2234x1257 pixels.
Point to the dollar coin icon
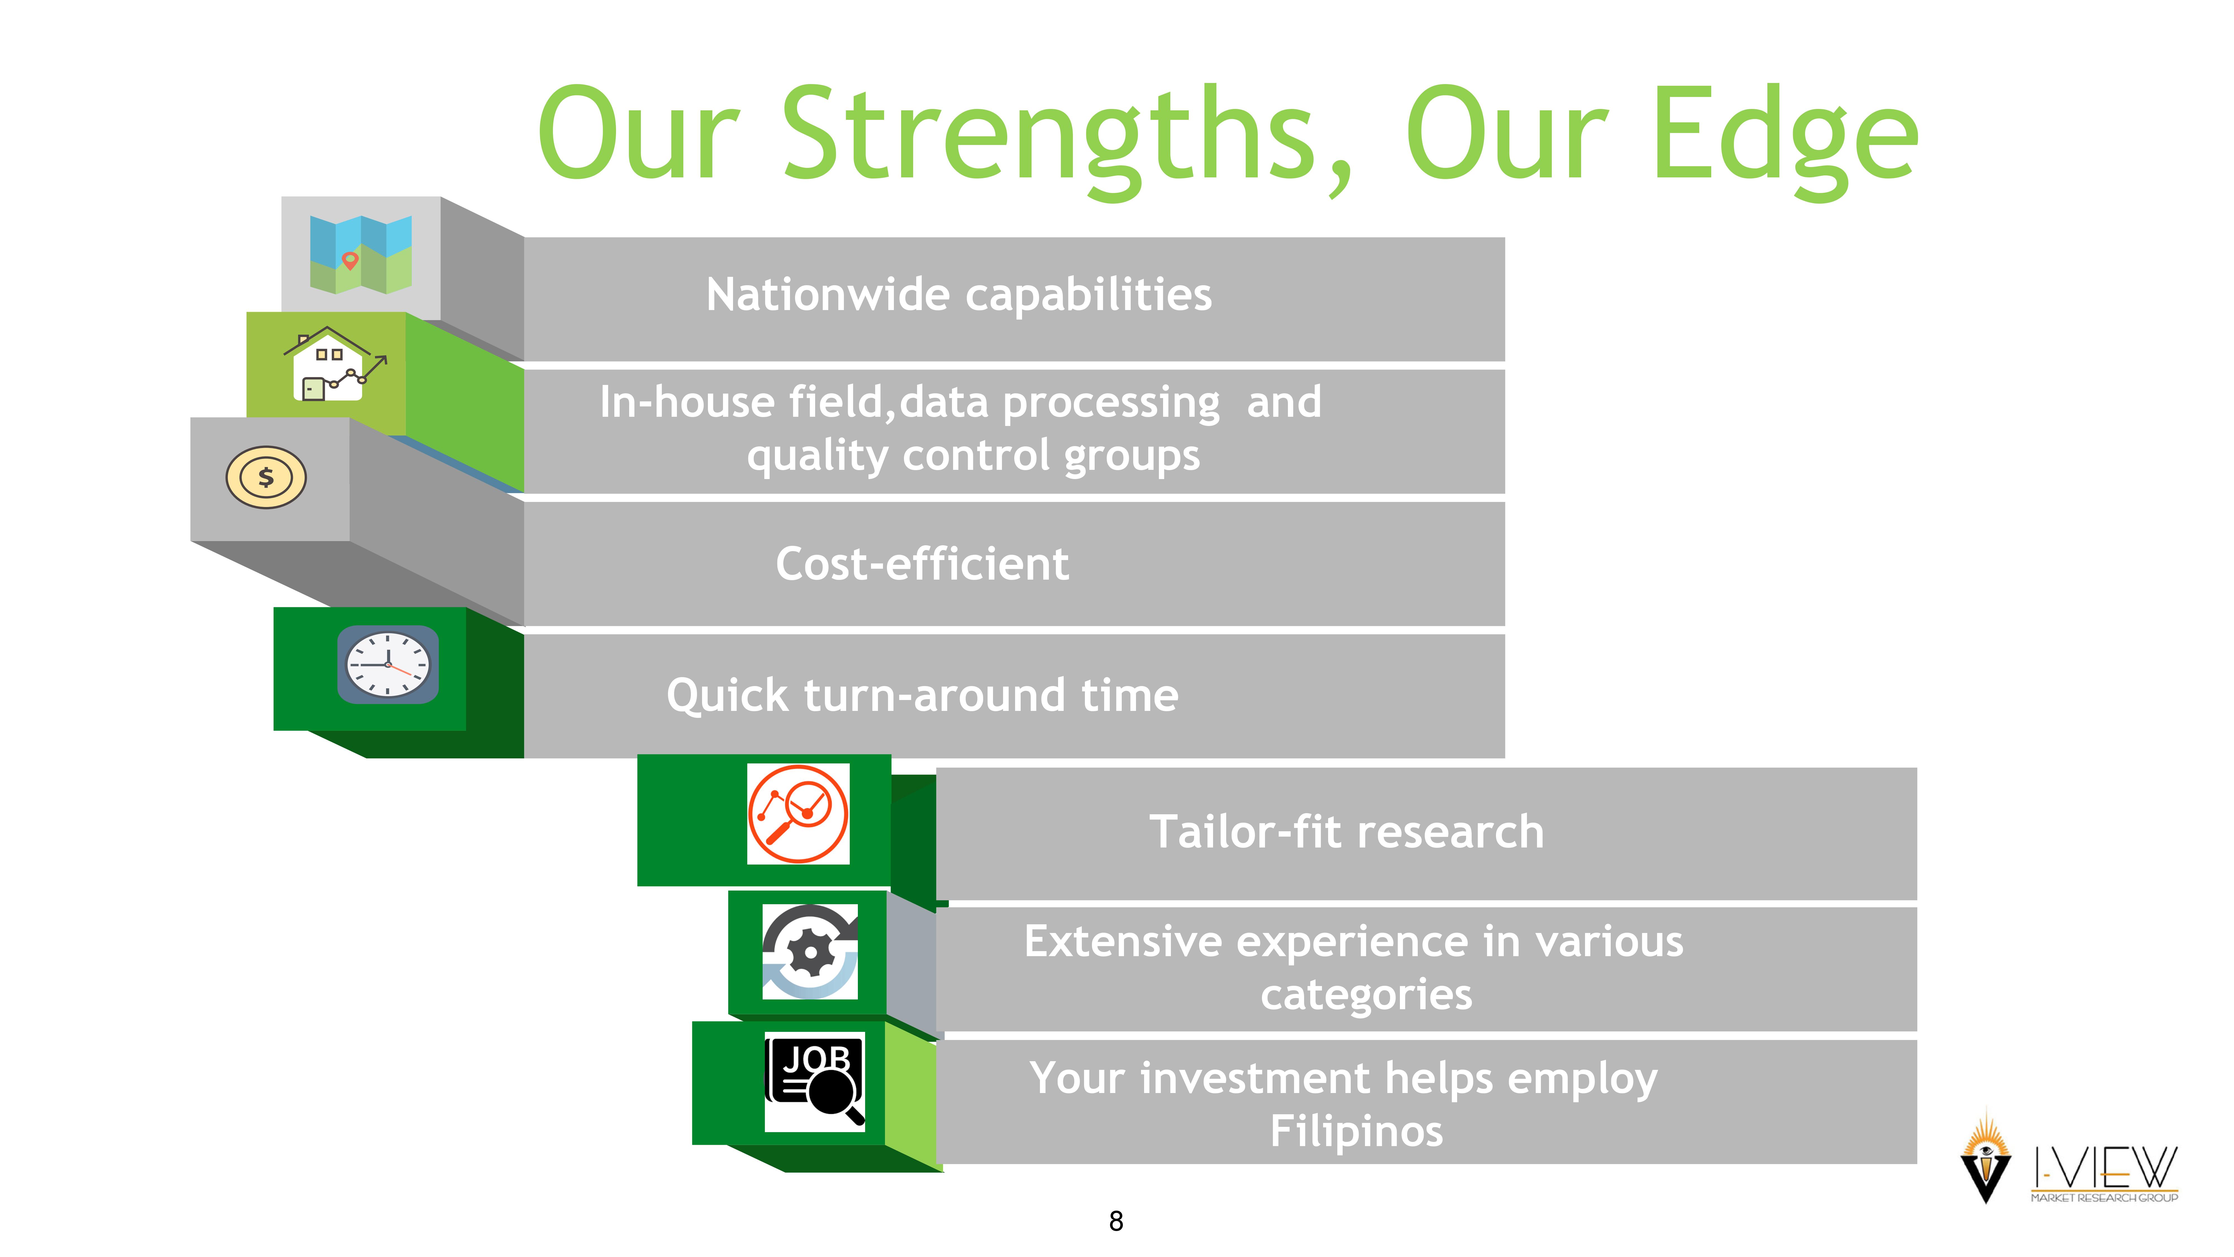266,477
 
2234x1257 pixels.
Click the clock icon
388,665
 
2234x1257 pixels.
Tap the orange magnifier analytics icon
798,814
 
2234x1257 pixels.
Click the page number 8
1116,1222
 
